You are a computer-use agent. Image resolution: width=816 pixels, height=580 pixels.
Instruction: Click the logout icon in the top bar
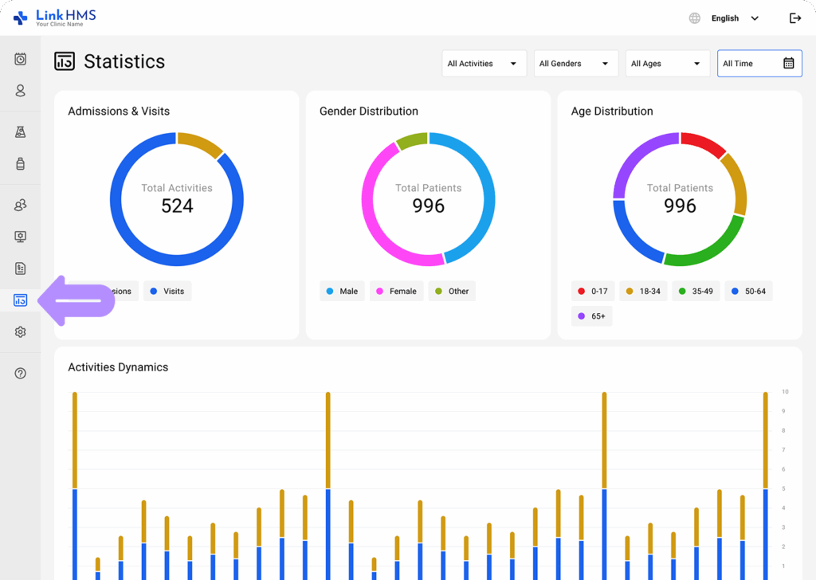794,18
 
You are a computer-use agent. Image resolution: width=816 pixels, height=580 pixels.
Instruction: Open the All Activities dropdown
484,64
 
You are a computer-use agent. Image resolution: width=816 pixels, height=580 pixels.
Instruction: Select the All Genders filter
575,64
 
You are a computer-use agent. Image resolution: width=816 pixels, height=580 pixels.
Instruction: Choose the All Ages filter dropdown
667,64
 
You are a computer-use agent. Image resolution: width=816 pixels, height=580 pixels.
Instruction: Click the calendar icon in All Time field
788,64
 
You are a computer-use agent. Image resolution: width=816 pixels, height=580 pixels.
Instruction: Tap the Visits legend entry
167,292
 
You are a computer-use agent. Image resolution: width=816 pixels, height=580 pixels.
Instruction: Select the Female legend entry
396,292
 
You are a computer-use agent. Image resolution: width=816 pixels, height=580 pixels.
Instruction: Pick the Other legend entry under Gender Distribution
452,292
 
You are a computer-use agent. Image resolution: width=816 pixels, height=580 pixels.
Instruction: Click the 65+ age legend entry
591,316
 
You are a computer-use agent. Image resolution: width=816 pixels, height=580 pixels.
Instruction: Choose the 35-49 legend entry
695,292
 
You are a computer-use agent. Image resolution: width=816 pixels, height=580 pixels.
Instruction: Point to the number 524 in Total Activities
177,206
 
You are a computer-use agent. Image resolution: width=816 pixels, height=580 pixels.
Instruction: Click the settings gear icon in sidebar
21,332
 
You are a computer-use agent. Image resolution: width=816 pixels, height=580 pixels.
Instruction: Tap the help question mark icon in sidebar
21,373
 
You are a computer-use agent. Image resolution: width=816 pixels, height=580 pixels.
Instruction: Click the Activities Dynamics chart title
118,367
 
